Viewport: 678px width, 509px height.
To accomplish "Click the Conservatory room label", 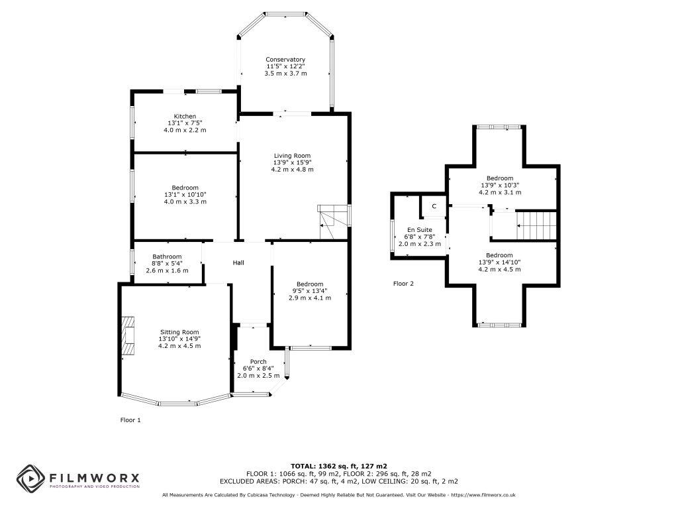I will (x=286, y=60).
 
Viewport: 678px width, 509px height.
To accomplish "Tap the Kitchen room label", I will (x=185, y=116).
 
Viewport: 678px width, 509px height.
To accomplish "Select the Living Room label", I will (x=292, y=156).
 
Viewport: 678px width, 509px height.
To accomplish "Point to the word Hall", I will (x=238, y=263).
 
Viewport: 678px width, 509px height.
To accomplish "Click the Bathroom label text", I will (x=167, y=256).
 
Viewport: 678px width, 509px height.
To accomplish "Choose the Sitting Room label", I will (x=179, y=332).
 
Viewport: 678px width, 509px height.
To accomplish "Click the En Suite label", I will (x=419, y=229).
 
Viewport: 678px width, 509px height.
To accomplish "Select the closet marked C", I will (x=434, y=206).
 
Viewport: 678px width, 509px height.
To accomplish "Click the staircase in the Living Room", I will (x=332, y=221).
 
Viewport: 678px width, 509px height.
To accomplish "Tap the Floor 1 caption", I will (x=130, y=420).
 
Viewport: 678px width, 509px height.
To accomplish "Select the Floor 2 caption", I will (x=403, y=284).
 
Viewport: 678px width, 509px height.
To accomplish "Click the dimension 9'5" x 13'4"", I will (x=310, y=291).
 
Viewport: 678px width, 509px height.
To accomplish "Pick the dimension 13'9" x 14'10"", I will (x=499, y=262).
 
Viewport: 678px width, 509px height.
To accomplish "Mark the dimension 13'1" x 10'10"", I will (x=185, y=194).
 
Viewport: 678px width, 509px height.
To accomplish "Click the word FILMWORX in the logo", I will (x=93, y=477).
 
